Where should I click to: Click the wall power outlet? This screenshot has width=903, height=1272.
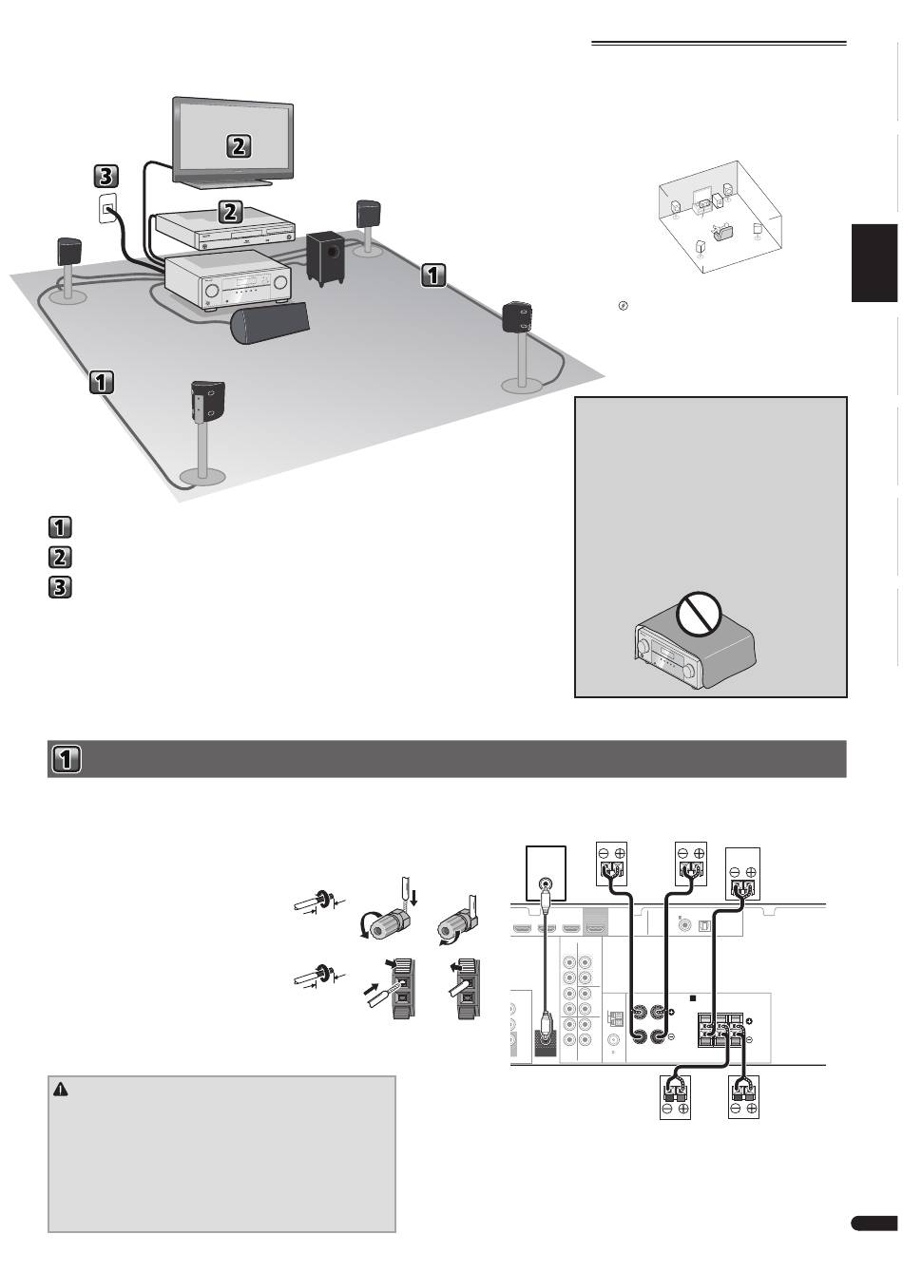108,208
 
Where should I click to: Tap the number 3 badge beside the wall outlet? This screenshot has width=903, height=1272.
106,176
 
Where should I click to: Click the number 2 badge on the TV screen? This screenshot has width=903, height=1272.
239,145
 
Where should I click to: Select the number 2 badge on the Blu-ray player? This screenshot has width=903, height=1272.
229,212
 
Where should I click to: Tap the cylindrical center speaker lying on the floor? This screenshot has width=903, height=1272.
271,321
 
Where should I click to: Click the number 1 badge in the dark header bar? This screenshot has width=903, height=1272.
67,760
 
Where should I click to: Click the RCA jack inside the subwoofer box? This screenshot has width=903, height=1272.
545,882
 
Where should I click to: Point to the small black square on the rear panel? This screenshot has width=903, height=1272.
694,999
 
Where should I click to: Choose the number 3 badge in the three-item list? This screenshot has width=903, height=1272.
59,588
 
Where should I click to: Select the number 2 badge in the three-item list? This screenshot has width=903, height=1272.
59,557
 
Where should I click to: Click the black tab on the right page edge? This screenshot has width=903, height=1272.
874,263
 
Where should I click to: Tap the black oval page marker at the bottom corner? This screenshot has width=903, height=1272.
874,1225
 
